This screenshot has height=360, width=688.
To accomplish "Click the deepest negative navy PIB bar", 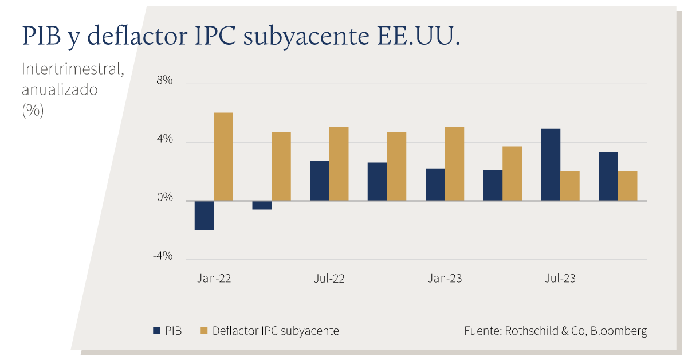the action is pyautogui.click(x=205, y=215).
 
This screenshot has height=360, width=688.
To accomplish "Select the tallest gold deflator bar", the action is pyautogui.click(x=223, y=157).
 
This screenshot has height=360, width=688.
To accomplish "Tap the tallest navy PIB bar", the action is pyautogui.click(x=551, y=165).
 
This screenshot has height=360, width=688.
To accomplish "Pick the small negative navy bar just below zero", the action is pyautogui.click(x=262, y=205).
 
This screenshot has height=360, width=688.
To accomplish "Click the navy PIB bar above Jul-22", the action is pyautogui.click(x=320, y=181).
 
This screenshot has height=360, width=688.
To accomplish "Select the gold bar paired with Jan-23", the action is pyautogui.click(x=454, y=164).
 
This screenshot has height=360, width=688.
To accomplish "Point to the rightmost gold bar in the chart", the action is pyautogui.click(x=627, y=186).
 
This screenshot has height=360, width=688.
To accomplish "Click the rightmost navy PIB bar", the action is pyautogui.click(x=608, y=177).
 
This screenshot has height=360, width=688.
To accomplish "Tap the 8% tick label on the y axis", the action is pyautogui.click(x=164, y=80).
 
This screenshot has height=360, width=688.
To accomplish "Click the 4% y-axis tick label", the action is pyautogui.click(x=164, y=139).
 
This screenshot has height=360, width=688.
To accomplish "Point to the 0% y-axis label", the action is pyautogui.click(x=164, y=197).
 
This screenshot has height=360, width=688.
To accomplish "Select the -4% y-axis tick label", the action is pyautogui.click(x=163, y=256).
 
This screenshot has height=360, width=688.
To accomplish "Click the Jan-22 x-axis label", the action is pyautogui.click(x=214, y=278).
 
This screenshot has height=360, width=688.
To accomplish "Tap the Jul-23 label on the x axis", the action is pyautogui.click(x=560, y=278).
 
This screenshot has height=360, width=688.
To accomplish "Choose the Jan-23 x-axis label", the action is pyautogui.click(x=445, y=278).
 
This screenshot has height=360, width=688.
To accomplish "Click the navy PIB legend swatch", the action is pyautogui.click(x=156, y=331).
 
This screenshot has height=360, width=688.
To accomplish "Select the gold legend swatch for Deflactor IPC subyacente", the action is pyautogui.click(x=204, y=331).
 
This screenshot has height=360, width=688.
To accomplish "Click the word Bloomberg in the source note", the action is pyautogui.click(x=619, y=331).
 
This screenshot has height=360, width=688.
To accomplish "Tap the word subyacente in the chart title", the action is pyautogui.click(x=306, y=37).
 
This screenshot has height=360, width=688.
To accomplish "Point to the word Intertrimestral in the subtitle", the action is pyautogui.click(x=73, y=69).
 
